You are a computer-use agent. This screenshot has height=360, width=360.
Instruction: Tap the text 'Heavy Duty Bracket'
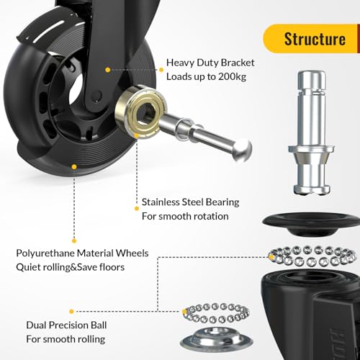pyautogui.click(x=210, y=63)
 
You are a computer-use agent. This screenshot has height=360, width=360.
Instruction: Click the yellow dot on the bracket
pyautogui.click(x=108, y=70)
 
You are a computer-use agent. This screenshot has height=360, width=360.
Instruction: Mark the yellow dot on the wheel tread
pyautogui.click(x=74, y=165)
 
